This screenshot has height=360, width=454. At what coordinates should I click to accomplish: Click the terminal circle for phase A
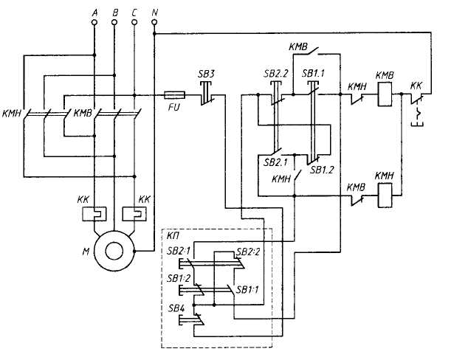point(94,22)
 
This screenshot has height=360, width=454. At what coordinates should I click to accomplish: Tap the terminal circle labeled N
point(154,22)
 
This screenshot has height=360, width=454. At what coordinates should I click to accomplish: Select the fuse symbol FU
point(175,95)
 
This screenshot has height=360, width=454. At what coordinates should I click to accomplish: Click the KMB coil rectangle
point(385,94)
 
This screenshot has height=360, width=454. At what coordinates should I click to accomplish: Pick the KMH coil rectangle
point(385,195)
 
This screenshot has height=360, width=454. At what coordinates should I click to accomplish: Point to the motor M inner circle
point(114,252)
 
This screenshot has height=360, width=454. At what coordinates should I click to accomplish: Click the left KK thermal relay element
point(94,214)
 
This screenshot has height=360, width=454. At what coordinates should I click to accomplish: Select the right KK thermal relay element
point(134,214)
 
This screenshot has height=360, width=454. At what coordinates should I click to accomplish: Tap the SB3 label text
point(206,75)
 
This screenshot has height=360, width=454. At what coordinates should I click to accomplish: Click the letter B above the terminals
point(115,13)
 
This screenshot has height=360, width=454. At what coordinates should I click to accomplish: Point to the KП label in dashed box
point(173,236)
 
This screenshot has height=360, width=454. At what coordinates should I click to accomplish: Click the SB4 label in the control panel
point(176,308)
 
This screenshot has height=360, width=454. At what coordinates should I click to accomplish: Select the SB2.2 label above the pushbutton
point(276,74)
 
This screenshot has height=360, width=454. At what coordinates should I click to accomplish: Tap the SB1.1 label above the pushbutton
point(313,74)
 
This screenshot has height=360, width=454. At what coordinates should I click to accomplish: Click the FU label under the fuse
point(173,108)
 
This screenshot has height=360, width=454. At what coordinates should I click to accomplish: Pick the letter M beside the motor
point(86,252)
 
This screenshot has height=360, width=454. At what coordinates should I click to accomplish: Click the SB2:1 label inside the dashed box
point(179,251)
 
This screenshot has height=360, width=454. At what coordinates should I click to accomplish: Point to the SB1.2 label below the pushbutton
point(322,170)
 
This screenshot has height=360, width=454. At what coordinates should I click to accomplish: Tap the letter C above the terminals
point(134,13)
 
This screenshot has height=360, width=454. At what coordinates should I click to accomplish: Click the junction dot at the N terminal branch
point(154,34)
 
